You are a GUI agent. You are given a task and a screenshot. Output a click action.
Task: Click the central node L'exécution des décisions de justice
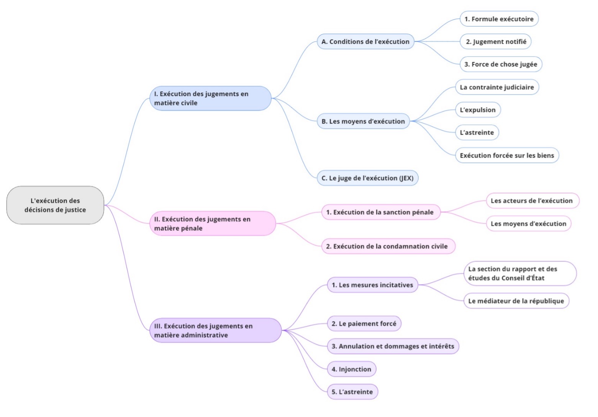55,205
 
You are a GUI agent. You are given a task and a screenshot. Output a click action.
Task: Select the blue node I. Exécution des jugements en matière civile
210,98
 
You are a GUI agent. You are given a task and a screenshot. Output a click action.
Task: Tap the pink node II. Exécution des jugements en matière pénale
213,223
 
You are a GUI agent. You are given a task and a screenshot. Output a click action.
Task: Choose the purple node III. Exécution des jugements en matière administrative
215,330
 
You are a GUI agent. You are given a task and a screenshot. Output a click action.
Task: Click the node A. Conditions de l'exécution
365,41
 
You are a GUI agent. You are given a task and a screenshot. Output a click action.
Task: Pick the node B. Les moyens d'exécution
363,121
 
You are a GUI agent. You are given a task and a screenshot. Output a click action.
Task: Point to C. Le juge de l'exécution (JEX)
367,178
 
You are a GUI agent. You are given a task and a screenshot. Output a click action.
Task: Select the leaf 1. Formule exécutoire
499,19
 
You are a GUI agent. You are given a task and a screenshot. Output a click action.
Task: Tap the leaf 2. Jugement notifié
496,41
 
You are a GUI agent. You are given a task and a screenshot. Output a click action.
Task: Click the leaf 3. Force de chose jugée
501,64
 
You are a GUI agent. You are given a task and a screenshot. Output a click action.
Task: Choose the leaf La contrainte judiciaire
497,87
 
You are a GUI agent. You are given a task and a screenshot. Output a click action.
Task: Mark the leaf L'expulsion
478,110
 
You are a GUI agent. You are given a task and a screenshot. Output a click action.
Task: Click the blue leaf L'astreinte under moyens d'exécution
477,132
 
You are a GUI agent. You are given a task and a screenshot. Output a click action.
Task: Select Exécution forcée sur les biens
507,155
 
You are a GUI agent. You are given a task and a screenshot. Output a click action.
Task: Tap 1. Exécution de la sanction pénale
381,212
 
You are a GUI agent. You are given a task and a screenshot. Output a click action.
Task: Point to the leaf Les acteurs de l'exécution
532,200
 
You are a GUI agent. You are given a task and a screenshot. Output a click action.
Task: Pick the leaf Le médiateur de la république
516,301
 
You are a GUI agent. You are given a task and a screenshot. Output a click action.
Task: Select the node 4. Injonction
351,369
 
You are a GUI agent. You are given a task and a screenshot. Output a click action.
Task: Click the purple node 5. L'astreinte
352,392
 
